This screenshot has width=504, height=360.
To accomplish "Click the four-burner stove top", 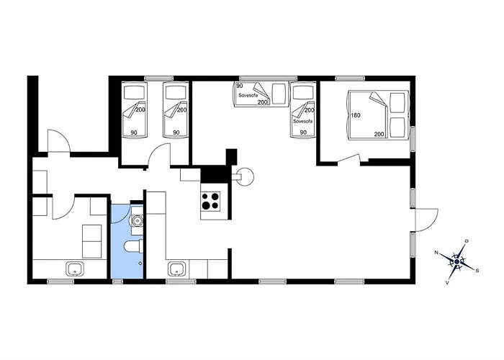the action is [x=210, y=201].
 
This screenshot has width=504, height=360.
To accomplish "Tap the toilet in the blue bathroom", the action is [x=133, y=247].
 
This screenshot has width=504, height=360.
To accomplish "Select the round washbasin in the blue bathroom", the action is [x=138, y=220].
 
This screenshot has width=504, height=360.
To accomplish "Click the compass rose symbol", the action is [x=456, y=262].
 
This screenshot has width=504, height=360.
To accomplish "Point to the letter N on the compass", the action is [x=436, y=253].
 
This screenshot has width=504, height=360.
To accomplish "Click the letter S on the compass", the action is [x=477, y=271].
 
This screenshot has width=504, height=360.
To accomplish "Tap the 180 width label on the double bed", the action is [x=356, y=115].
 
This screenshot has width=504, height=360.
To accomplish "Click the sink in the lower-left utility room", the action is [x=75, y=269].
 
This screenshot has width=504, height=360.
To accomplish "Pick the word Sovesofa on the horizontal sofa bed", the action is [x=248, y=96].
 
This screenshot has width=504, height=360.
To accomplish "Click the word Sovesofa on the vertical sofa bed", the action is [x=302, y=122].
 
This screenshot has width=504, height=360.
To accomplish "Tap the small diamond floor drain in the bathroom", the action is [x=140, y=264].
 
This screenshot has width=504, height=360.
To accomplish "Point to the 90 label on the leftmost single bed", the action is [x=134, y=132].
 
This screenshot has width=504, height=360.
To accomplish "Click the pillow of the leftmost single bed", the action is [x=134, y=93].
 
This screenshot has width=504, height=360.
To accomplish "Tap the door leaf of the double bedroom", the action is [x=348, y=158].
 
